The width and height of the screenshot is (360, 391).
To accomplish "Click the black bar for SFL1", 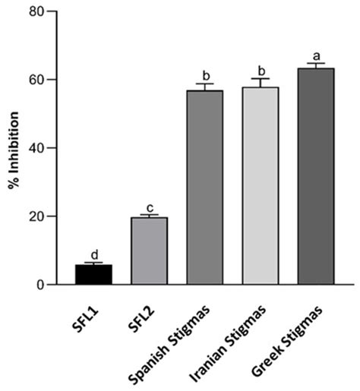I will point(94,274).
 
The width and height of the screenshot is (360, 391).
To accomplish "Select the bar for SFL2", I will point(149,251).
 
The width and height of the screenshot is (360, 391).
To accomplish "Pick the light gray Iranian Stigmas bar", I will point(261,186).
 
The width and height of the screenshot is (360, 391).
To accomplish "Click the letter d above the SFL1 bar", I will point(94,254).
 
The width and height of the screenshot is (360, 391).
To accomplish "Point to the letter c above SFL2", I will point(150,207).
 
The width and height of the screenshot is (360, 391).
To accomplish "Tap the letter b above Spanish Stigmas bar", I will point(205,76).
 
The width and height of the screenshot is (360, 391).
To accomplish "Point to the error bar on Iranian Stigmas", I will point(261,82).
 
